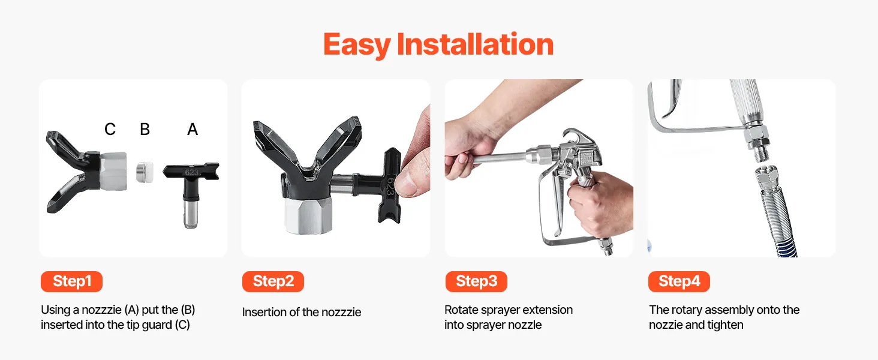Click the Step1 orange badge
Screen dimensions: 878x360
71,281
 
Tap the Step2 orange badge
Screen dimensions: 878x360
273,281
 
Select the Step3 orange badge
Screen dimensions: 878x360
476,281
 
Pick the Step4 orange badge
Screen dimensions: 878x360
679,281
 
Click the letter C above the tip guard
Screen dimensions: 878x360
110,129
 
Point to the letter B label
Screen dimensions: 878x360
145,129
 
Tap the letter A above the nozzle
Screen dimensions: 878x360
193,129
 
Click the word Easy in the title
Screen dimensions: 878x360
357,44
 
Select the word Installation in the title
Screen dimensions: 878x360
475,44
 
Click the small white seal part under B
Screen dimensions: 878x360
145,172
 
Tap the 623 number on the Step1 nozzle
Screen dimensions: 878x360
192,173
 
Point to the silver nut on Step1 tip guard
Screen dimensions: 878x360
113,172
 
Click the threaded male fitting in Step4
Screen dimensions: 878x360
761,155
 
